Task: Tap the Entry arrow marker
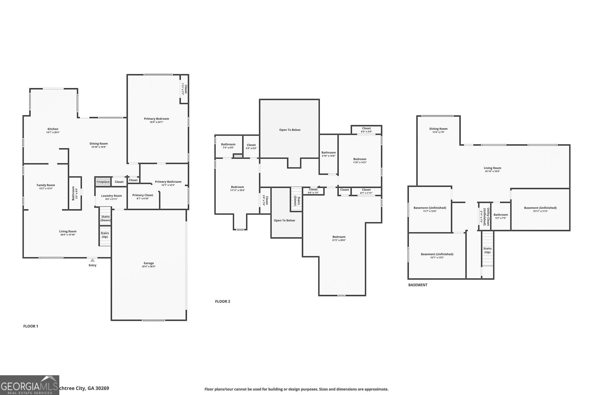[92, 260]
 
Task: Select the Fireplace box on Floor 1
[103, 182]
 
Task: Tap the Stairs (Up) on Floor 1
[105, 235]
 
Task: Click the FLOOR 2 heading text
[222, 301]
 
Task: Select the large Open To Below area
[290, 130]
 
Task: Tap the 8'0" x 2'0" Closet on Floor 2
[366, 130]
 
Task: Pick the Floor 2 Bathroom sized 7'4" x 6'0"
[228, 146]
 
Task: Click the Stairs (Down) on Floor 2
[296, 199]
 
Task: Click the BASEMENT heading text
[418, 285]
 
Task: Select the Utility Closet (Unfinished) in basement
[484, 217]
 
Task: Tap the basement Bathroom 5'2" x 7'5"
[501, 216]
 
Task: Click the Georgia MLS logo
[29, 385]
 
